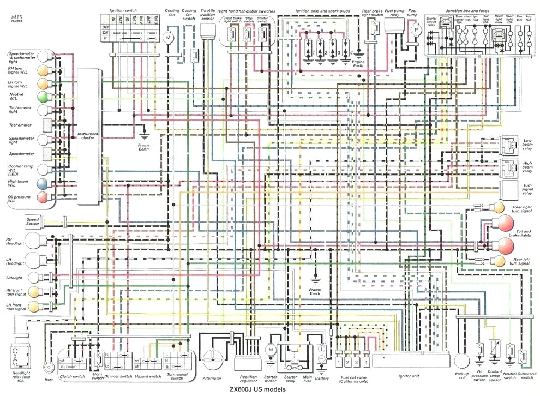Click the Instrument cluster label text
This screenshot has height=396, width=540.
click(x=88, y=136)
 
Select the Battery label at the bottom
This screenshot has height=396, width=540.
click(x=322, y=377)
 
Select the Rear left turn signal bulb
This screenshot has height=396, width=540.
click(x=496, y=261)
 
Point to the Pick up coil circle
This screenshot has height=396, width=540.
click(x=461, y=361)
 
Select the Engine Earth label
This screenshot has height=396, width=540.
click(x=358, y=64)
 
